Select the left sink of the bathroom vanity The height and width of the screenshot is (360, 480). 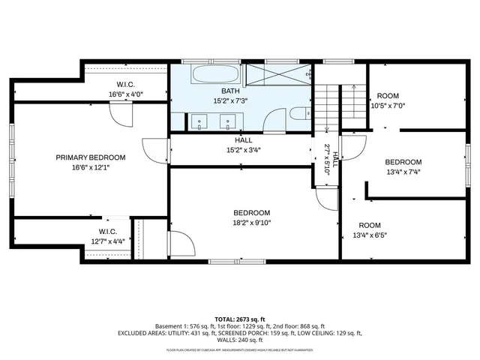tap(199, 119)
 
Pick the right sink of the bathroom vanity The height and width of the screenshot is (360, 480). tap(226, 119)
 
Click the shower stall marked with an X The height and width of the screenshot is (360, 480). tap(277, 75)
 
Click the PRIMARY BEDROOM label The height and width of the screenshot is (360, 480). tap(91, 157)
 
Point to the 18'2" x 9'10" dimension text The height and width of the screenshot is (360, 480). tap(251, 222)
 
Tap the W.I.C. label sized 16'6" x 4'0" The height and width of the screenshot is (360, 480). tap(125, 84)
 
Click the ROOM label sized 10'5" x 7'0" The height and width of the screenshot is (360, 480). tap(388, 96)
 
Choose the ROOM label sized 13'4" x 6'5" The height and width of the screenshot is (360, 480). tap(369, 225)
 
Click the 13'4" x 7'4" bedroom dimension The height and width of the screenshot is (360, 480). tap(403, 172)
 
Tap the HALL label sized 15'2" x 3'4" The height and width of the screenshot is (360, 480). tap(244, 139)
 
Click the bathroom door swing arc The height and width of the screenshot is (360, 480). tap(275, 120)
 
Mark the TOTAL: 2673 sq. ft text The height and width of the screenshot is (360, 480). tap(240, 319)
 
